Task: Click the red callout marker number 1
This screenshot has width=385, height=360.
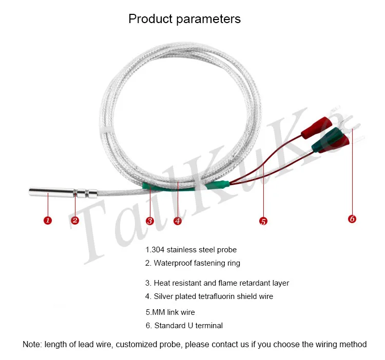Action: tap(48, 220)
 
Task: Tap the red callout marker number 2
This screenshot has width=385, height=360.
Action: tap(75, 220)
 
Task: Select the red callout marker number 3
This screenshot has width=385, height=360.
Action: tap(150, 221)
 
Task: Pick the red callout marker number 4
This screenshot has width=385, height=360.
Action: tap(178, 221)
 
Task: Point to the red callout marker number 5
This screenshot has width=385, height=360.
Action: tap(263, 221)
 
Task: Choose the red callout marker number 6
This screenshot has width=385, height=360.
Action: tap(352, 219)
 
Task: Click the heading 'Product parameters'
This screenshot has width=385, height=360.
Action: tap(185, 19)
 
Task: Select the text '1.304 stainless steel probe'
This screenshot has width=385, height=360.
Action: tap(191, 250)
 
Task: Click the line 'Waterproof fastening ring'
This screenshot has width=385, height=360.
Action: tap(192, 263)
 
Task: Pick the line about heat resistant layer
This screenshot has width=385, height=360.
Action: tap(217, 283)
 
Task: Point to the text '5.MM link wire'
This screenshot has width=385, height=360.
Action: tap(170, 312)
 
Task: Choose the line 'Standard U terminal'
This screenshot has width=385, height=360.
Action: tap(184, 326)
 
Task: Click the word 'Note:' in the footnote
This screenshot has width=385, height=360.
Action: tap(32, 344)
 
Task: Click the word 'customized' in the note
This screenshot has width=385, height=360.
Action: tap(137, 344)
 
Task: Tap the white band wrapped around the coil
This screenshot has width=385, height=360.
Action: tap(108, 130)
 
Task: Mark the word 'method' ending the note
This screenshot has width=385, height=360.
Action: tap(353, 344)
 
